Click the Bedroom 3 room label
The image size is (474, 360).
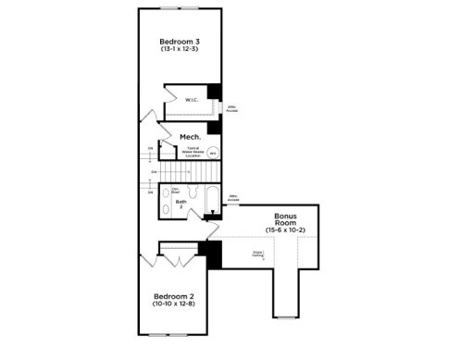(179, 42)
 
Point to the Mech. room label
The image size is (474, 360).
(191, 137)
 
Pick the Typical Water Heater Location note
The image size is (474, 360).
(193, 152)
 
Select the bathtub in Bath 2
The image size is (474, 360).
(212, 202)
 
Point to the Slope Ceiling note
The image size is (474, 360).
(258, 253)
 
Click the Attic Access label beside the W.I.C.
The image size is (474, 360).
(231, 107)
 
